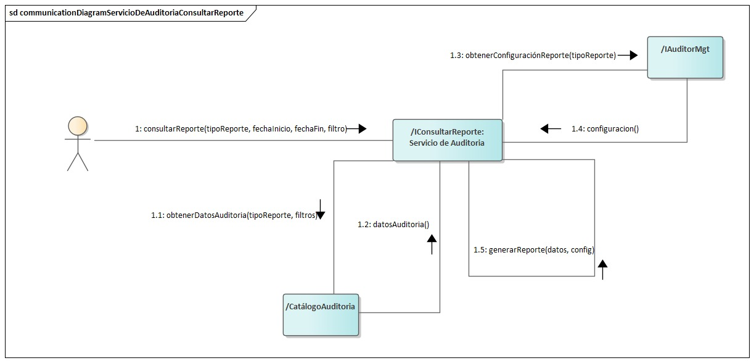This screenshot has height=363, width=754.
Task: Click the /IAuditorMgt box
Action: pos(686,57)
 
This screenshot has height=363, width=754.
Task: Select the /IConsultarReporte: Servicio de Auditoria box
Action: pos(447,140)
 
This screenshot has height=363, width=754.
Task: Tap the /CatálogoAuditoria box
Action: pos(321,314)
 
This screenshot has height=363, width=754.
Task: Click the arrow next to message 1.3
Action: pos(628,56)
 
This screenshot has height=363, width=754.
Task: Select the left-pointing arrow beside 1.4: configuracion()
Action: pos(550,129)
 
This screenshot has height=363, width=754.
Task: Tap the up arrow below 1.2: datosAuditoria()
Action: pos(432,244)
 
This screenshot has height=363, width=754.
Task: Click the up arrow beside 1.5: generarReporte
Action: pos(602,269)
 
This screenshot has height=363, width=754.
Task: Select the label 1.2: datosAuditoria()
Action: pos(393,225)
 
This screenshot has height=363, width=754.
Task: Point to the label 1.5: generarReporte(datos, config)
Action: pos(533,250)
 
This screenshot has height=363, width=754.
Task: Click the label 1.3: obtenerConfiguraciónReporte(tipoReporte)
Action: pos(533,56)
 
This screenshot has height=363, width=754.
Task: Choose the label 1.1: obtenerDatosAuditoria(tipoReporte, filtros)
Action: pos(234,215)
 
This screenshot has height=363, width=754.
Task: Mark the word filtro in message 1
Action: pos(336,129)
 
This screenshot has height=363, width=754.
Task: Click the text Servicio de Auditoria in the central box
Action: pos(446,143)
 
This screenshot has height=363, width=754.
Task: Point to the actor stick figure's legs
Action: pos(78,161)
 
